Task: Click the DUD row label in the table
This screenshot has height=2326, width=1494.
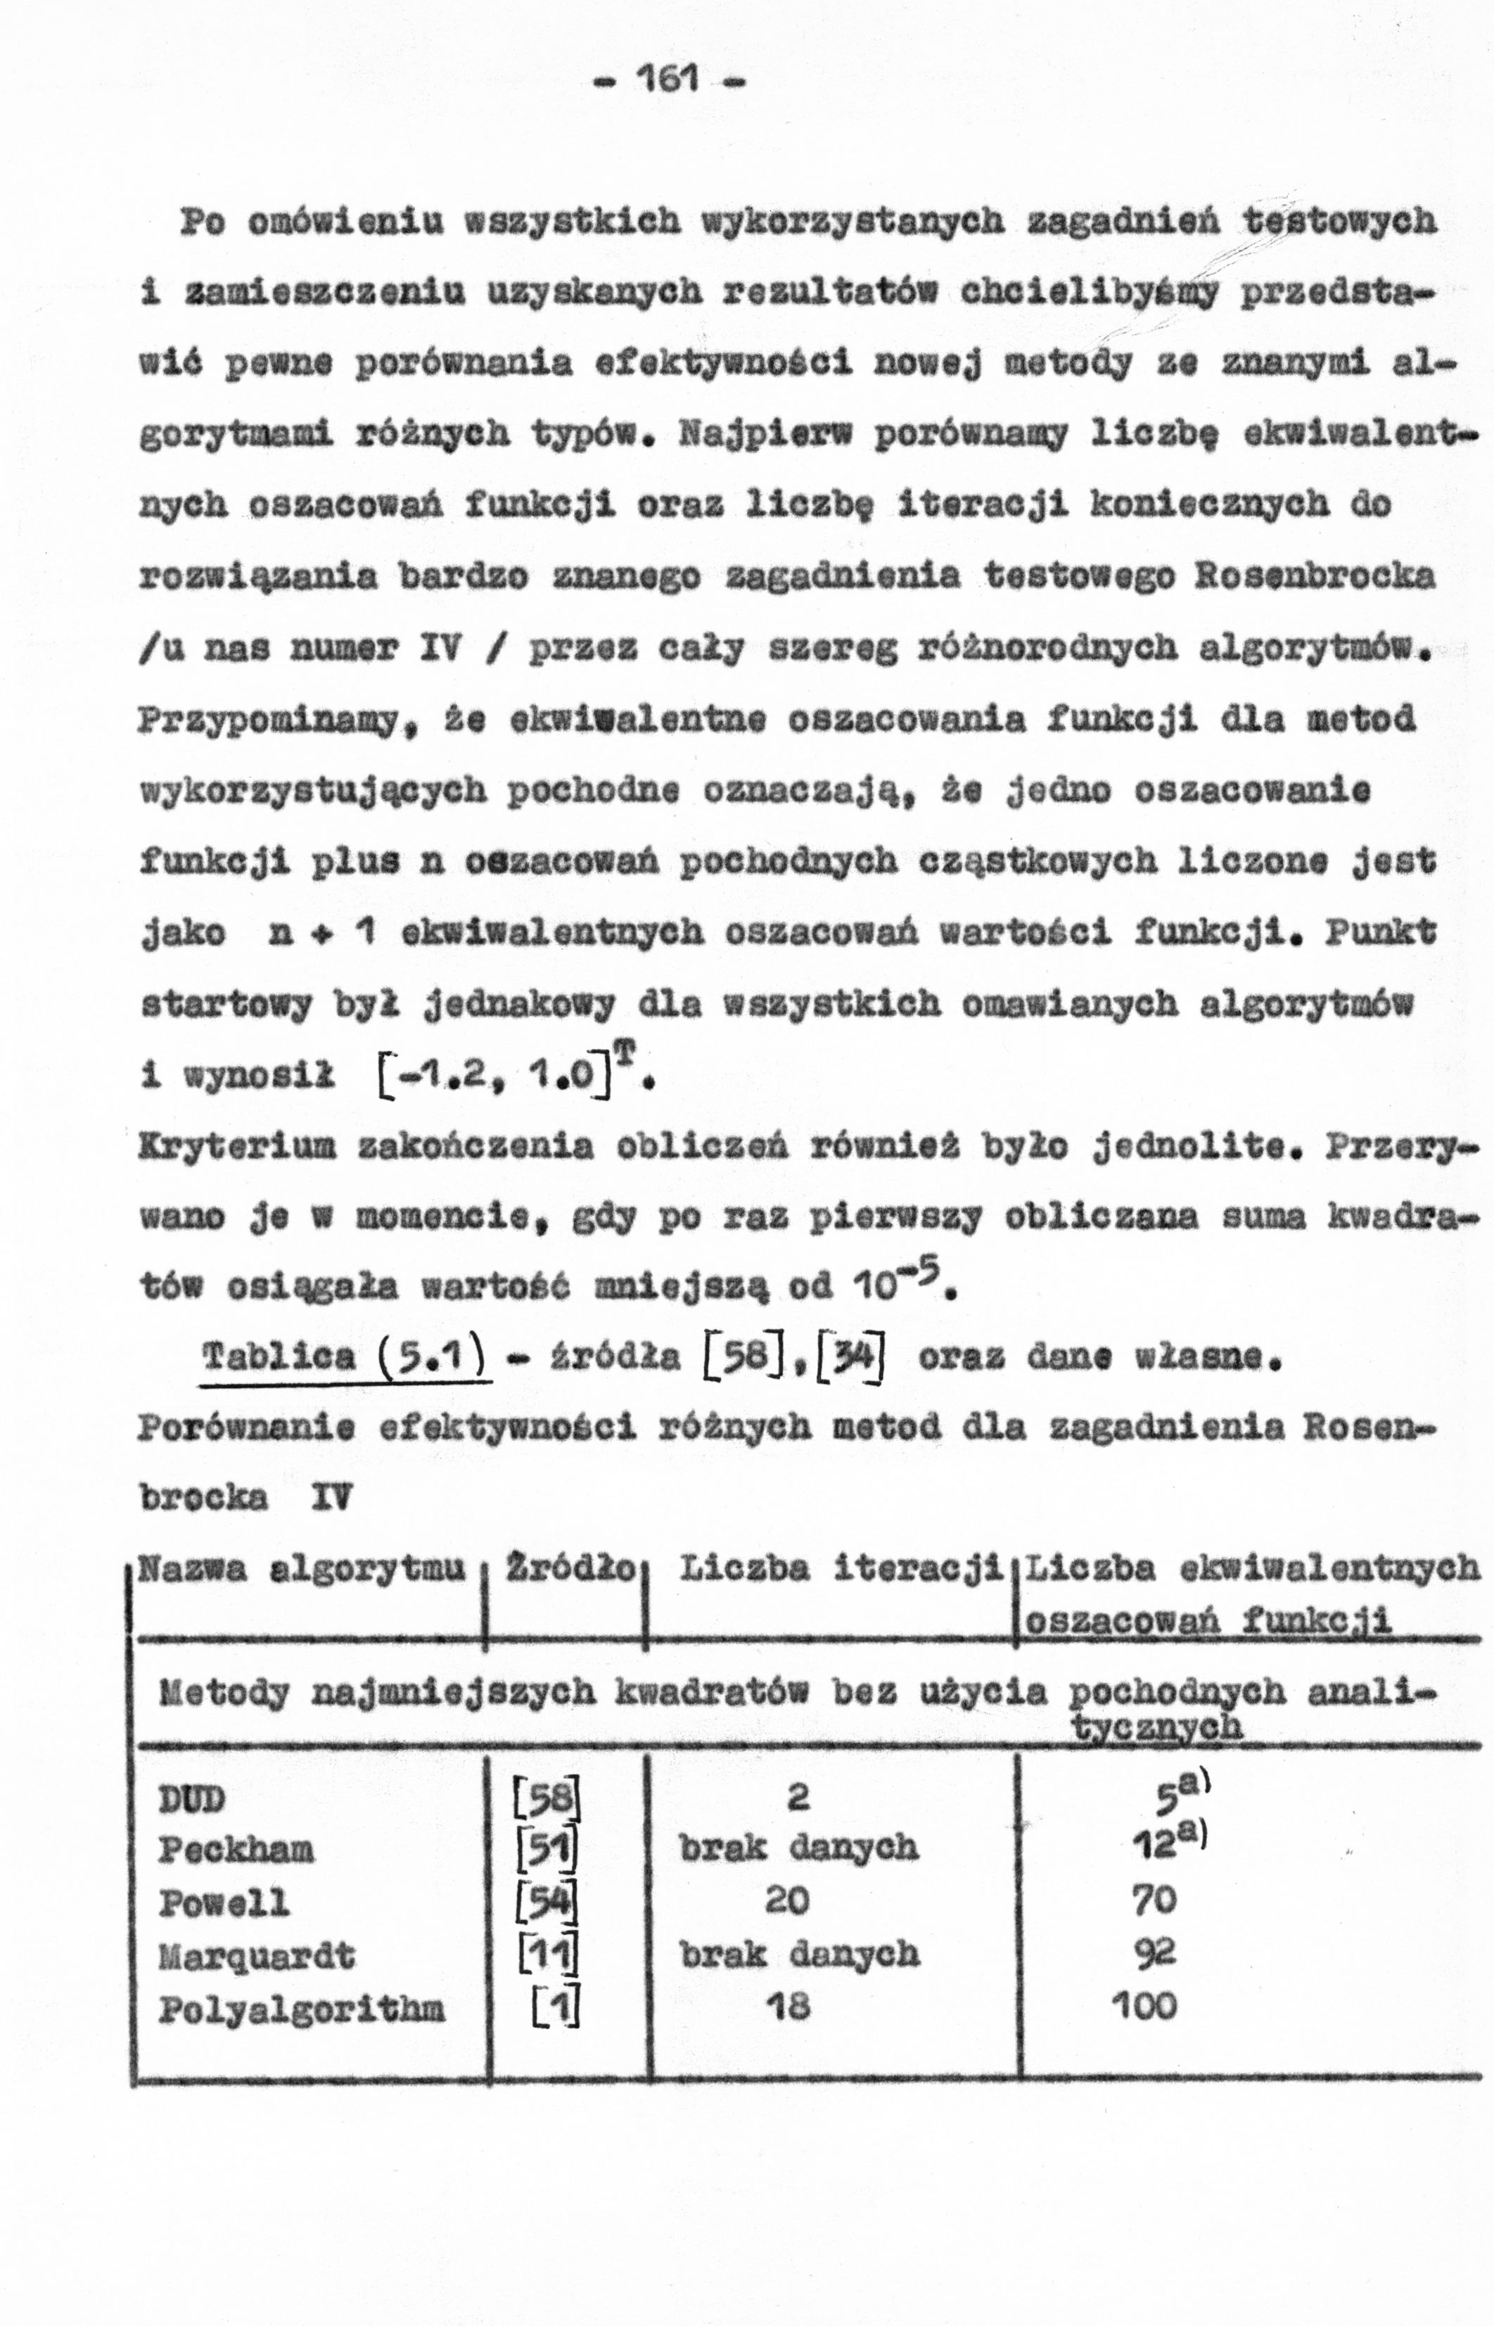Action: coord(191,1800)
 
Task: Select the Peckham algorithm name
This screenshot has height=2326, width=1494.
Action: coord(236,1850)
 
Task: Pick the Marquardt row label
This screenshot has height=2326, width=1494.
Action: coord(256,1955)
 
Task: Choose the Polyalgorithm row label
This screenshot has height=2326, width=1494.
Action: coord(301,2007)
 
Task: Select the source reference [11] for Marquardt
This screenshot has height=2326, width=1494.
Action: coord(547,1955)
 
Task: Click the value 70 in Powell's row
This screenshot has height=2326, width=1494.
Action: coord(1154,1900)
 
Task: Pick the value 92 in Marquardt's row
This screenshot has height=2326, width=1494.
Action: coord(1154,1952)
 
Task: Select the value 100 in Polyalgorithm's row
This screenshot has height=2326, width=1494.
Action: coord(1144,2004)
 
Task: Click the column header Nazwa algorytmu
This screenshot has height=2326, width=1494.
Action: coord(302,1568)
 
